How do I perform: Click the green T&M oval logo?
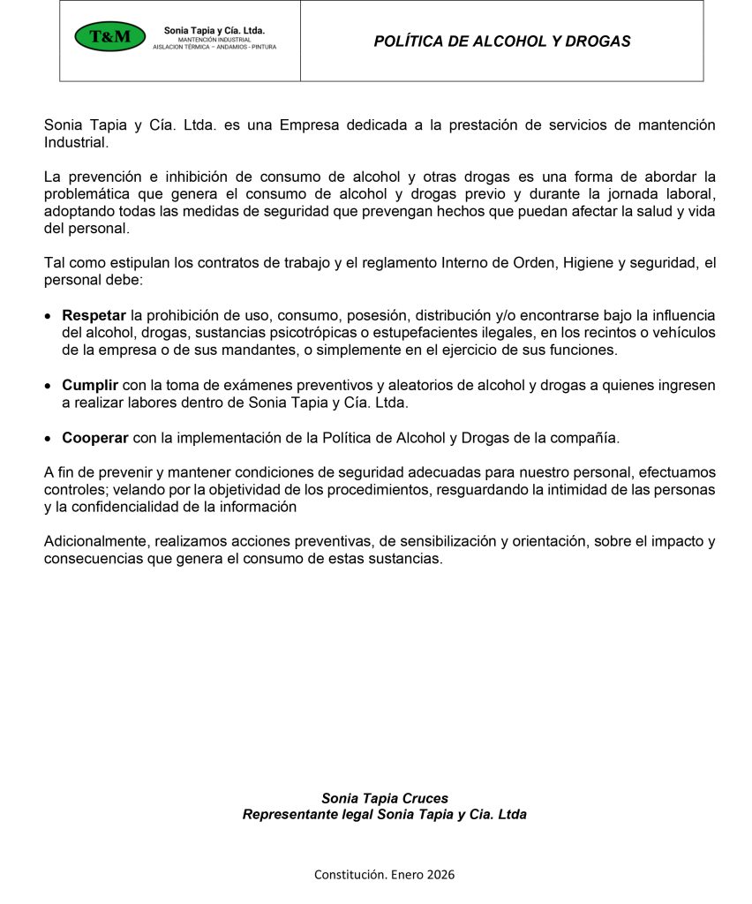click(x=109, y=37)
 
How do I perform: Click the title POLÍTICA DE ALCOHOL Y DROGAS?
click(x=501, y=41)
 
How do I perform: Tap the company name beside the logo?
click(x=214, y=31)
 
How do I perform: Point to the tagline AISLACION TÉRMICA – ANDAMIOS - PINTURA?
click(x=214, y=47)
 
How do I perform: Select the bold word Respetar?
click(x=94, y=315)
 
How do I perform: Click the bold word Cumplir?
click(x=89, y=386)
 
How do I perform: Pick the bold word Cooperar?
click(x=95, y=438)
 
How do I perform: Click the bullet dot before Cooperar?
click(x=49, y=439)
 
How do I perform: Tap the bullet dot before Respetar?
click(x=49, y=316)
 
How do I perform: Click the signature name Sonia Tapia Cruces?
click(x=385, y=798)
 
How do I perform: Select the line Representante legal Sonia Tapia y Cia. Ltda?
click(x=385, y=815)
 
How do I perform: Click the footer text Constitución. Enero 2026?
click(x=385, y=875)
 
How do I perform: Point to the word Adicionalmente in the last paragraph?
click(x=94, y=542)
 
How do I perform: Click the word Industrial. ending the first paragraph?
click(x=76, y=142)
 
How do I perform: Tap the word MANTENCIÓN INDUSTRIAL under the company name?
click(x=214, y=40)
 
